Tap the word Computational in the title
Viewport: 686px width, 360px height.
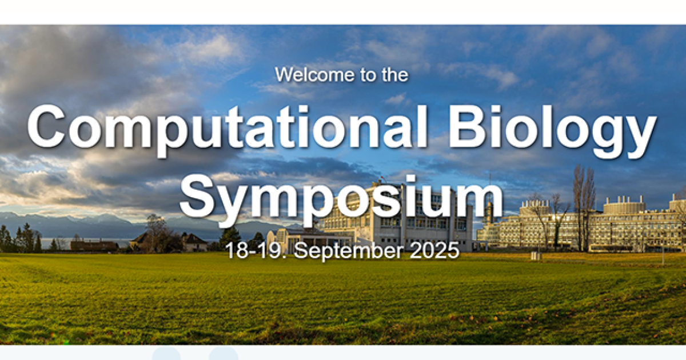click(x=227, y=127)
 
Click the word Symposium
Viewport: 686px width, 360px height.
click(x=341, y=199)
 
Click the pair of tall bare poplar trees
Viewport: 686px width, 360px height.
click(x=584, y=208)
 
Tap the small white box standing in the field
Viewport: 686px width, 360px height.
click(x=535, y=255)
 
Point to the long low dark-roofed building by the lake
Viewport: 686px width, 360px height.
click(x=94, y=245)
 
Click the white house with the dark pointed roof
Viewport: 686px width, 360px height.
click(x=195, y=242)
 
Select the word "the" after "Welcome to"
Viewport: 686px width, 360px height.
click(x=395, y=75)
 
